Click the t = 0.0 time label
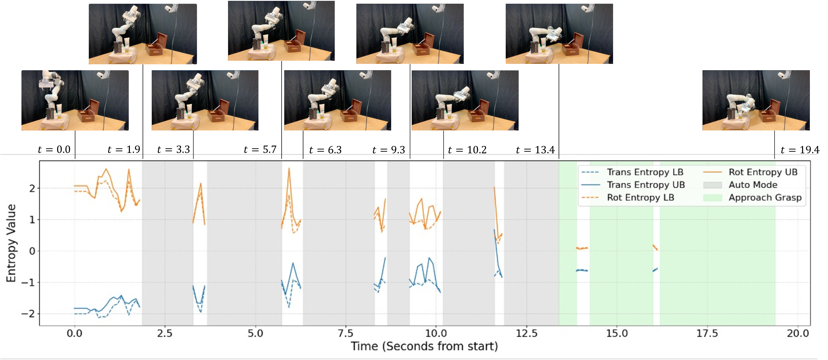(x=54, y=149)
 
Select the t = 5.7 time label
(x=260, y=149)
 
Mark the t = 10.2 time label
(x=467, y=150)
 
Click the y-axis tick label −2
(x=29, y=313)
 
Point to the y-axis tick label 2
(x=32, y=188)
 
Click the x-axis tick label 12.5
(x=526, y=333)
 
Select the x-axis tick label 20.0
(x=798, y=333)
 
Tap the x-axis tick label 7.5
(x=345, y=333)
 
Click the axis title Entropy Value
(x=11, y=243)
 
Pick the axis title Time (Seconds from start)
(x=424, y=346)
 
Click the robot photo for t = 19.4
(x=756, y=100)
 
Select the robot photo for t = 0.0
(x=75, y=100)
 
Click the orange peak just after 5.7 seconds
(x=289, y=168)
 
